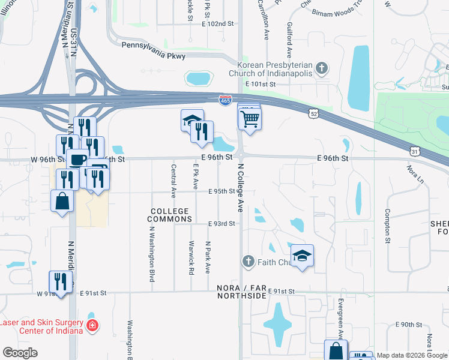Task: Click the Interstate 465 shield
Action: (x=225, y=100)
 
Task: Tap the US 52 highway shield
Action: (x=313, y=112)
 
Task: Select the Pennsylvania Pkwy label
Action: (x=154, y=50)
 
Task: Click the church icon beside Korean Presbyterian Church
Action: (x=322, y=68)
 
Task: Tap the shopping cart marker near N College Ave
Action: (x=250, y=118)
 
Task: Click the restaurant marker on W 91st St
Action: (x=61, y=280)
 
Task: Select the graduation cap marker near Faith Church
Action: (x=303, y=254)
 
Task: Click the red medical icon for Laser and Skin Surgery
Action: (x=92, y=326)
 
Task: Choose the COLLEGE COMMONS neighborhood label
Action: (x=169, y=215)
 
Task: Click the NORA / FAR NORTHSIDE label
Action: (x=241, y=292)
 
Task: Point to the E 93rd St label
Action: (x=221, y=223)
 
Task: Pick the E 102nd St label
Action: (x=217, y=23)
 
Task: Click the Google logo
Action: (x=20, y=353)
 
